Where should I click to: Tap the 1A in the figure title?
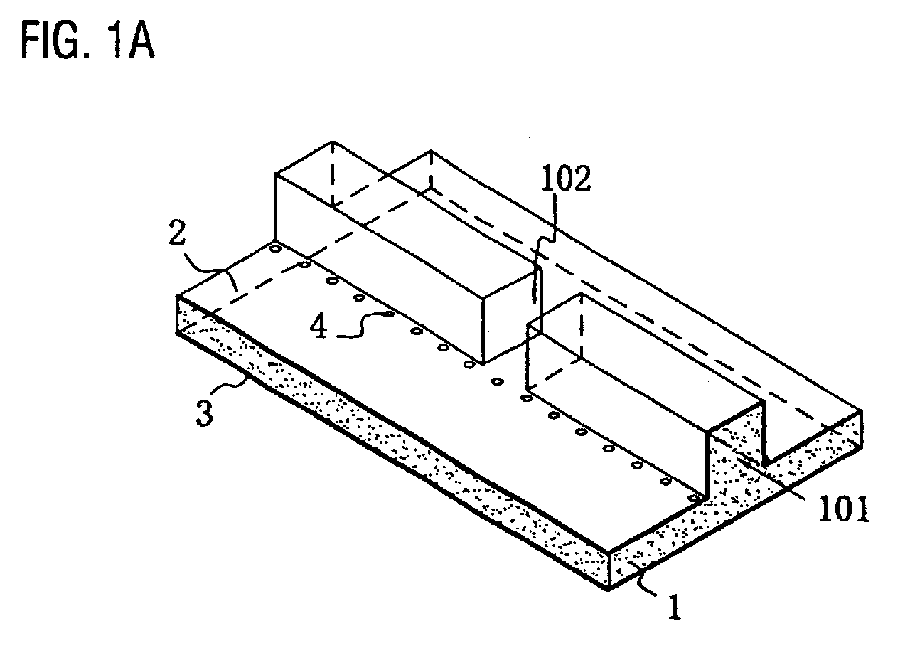132,41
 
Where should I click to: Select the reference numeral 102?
567,179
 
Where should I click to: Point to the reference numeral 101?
844,509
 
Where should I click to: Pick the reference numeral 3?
204,413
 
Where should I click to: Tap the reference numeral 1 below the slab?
675,607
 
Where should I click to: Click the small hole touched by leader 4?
389,314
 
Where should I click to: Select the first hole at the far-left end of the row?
275,248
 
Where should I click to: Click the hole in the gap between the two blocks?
497,381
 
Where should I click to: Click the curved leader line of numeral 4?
358,325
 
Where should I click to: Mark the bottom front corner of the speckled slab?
608,590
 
